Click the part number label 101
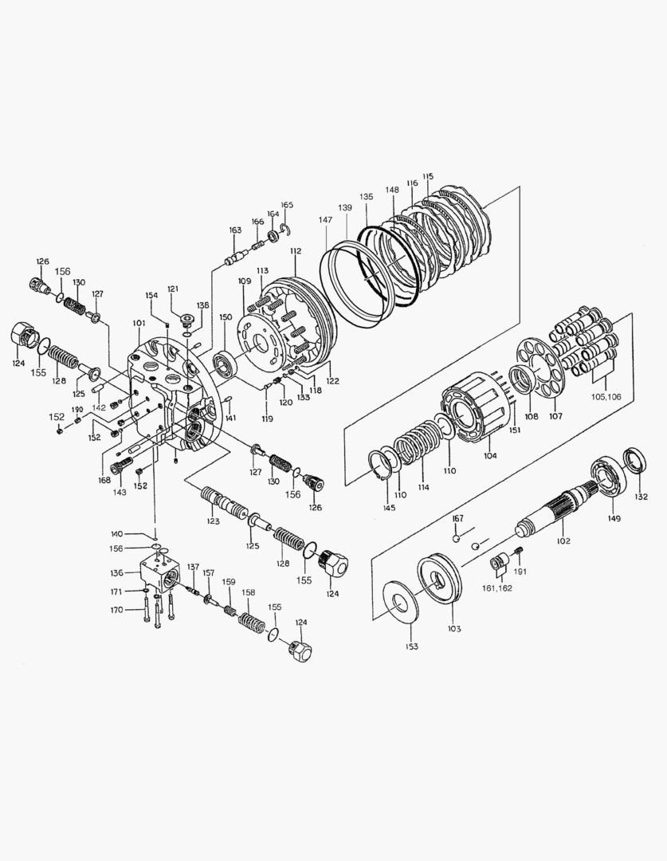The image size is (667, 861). (x=139, y=324)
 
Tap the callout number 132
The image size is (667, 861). (x=641, y=497)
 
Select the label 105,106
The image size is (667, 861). (x=606, y=396)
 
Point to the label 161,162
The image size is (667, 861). (x=497, y=588)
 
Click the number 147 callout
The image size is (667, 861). (x=325, y=220)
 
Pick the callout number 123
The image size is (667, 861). (x=213, y=521)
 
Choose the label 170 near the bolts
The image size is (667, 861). (x=116, y=610)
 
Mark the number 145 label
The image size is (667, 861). (x=389, y=508)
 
